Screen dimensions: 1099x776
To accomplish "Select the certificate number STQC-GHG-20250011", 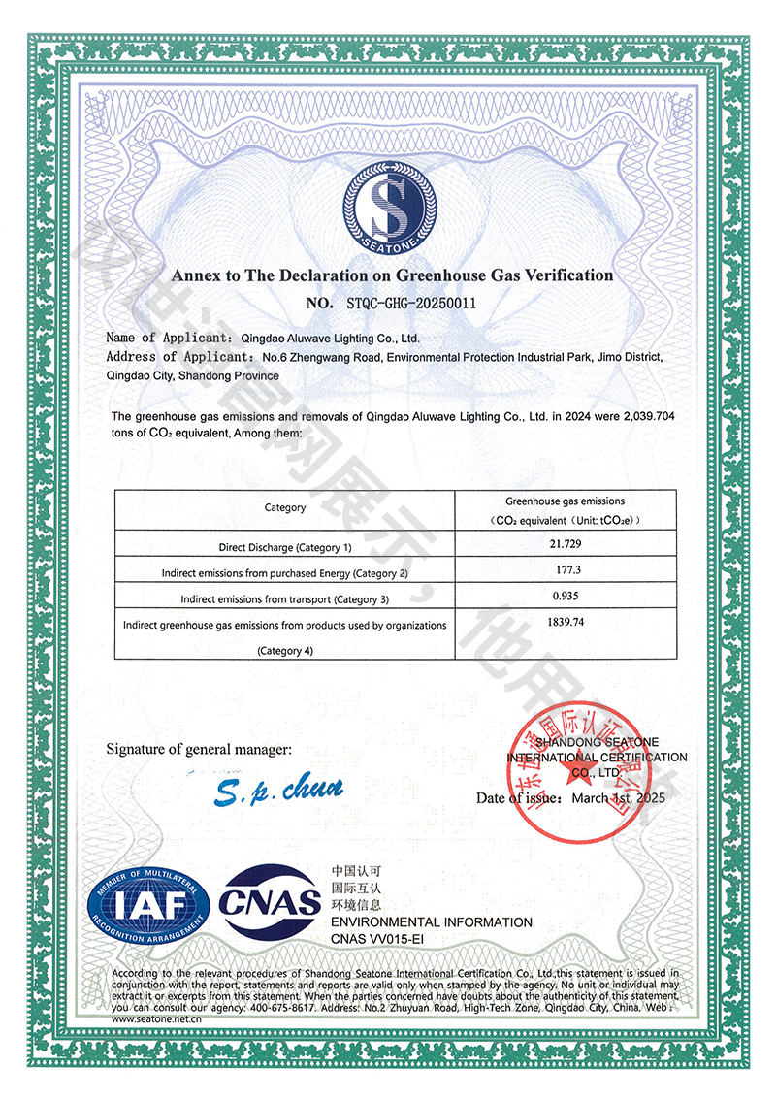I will point(410,303).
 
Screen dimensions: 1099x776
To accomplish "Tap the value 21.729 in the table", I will point(564,546).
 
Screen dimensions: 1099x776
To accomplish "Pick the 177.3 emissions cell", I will point(564,571).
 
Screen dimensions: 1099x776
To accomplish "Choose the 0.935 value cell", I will point(564,597).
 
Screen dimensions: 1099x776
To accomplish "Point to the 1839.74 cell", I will point(564,623).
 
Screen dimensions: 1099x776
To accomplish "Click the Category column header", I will point(285,507).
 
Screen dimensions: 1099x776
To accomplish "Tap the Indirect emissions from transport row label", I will point(285,598).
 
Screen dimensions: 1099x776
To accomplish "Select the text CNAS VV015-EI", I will point(378,940).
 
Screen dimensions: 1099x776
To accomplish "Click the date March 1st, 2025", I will point(619,798).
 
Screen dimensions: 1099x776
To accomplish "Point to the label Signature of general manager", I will point(198,749).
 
